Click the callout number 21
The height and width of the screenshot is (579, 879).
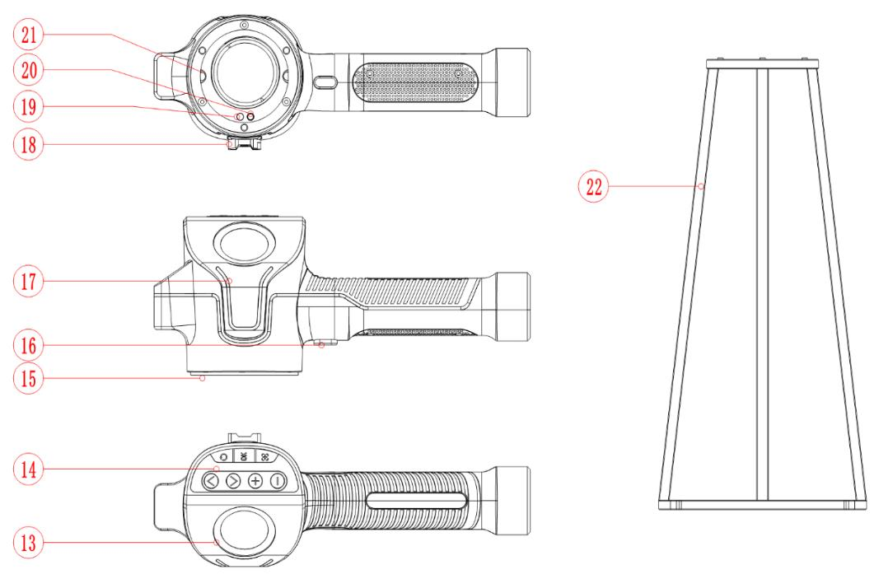29,35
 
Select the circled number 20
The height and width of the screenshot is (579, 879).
29,70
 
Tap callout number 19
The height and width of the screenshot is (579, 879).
29,106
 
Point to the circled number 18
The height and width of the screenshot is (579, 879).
29,145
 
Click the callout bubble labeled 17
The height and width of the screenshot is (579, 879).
29,281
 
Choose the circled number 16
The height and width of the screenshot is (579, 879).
29,345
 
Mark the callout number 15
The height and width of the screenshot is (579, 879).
29,378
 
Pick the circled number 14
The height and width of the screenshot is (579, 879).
29,469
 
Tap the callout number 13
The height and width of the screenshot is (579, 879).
29,543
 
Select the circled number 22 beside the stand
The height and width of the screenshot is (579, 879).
594,186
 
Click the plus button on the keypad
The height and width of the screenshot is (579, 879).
255,481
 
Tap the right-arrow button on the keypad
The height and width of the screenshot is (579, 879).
233,481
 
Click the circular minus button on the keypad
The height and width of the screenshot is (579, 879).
278,481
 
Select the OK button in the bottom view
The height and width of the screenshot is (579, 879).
244,456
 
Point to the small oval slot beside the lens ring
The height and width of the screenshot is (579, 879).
325,82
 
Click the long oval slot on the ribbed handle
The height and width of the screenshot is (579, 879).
417,501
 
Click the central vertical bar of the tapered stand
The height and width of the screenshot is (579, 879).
762,284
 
